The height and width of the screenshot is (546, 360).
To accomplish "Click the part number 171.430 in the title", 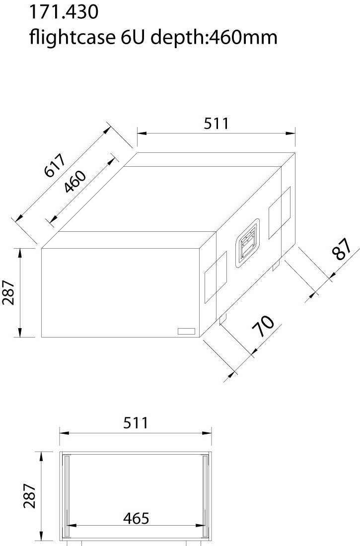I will click(x=63, y=12).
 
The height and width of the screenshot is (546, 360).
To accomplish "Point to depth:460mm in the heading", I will click(x=214, y=37).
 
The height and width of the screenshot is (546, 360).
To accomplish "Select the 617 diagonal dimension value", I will click(x=54, y=166).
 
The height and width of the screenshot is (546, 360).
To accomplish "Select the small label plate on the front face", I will click(x=187, y=332).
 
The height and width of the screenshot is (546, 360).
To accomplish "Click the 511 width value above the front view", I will click(x=135, y=423).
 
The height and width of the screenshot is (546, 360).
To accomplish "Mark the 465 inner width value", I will click(x=135, y=518).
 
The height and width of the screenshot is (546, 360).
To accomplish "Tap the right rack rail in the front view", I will click(x=205, y=496).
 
